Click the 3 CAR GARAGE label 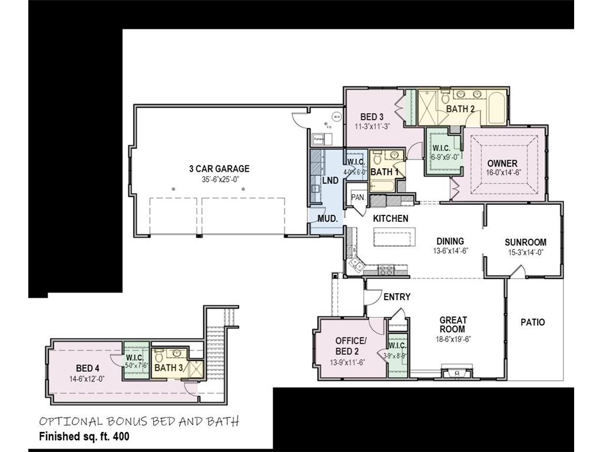[219, 169]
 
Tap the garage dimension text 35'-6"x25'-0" [219, 178]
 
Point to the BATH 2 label [460, 109]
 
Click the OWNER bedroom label [502, 164]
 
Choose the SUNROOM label [525, 242]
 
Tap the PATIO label [532, 322]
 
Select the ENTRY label [396, 297]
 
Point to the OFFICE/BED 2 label [350, 346]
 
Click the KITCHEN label [391, 218]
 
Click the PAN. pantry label [357, 198]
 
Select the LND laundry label [330, 181]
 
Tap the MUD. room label [328, 218]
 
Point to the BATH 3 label [169, 368]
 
